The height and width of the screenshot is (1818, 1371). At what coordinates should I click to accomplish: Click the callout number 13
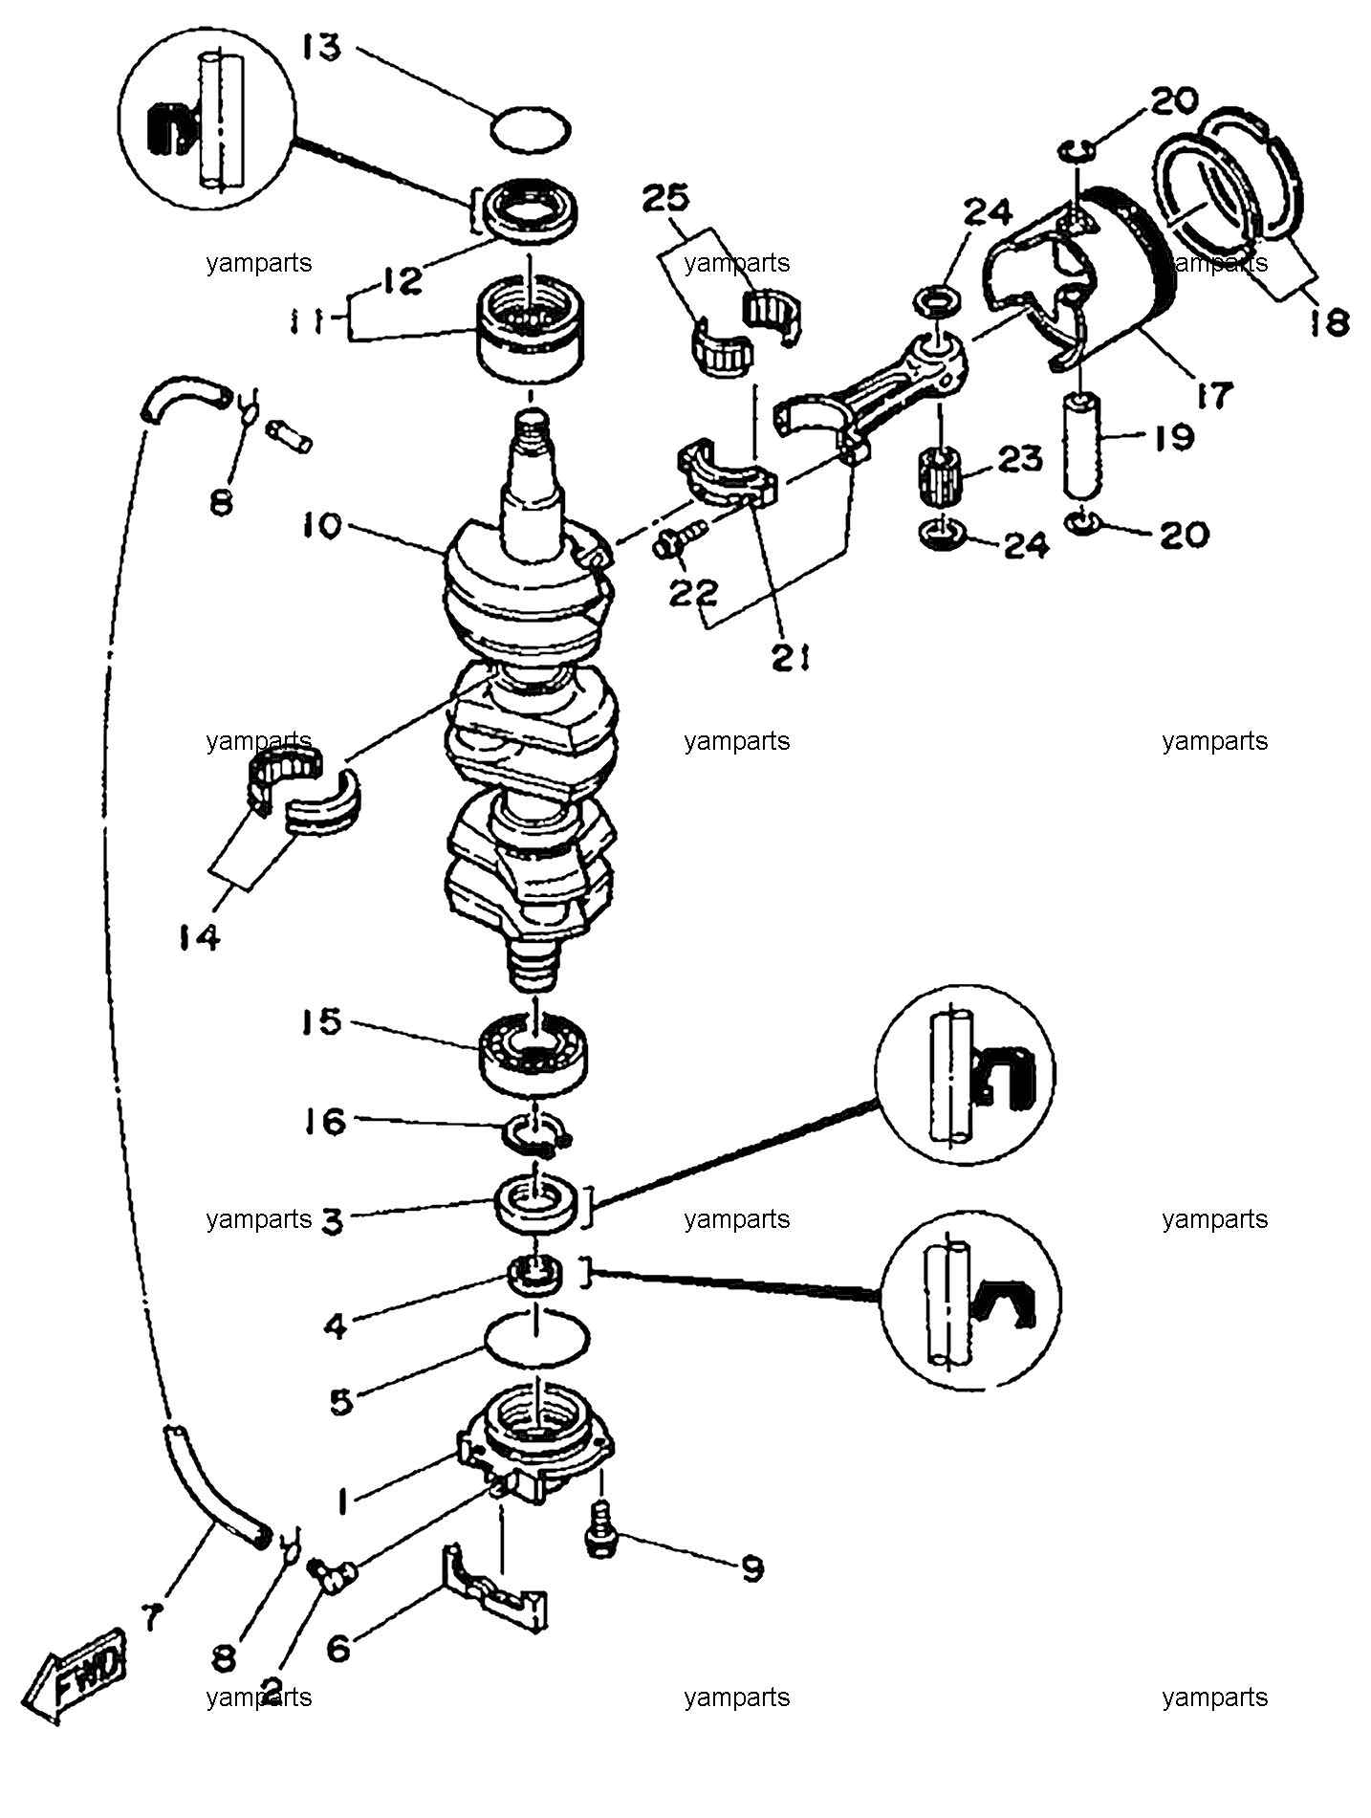click(322, 47)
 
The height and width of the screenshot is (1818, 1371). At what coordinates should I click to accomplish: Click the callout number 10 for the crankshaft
click(323, 527)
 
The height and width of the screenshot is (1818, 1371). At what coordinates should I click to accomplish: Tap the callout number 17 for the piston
click(1211, 395)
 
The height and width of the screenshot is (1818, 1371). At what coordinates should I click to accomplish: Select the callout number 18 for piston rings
click(1328, 320)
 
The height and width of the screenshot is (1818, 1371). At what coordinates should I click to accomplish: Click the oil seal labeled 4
click(534, 1276)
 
